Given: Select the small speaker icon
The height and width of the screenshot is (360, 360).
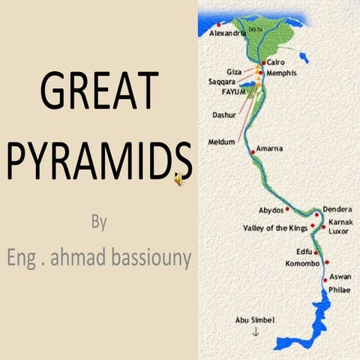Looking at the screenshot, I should pyautogui.click(x=179, y=178).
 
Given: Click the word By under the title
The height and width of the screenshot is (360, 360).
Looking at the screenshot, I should pyautogui.click(x=99, y=223).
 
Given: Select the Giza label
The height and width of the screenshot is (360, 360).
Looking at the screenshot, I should pyautogui.click(x=235, y=70).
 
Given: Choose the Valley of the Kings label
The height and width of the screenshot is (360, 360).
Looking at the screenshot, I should pyautogui.click(x=275, y=227).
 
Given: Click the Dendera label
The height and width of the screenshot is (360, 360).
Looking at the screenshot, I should pyautogui.click(x=337, y=209).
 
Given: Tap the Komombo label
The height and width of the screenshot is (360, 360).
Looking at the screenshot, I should pyautogui.click(x=302, y=263).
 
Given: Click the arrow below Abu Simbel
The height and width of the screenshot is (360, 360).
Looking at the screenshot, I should pyautogui.click(x=255, y=331).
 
